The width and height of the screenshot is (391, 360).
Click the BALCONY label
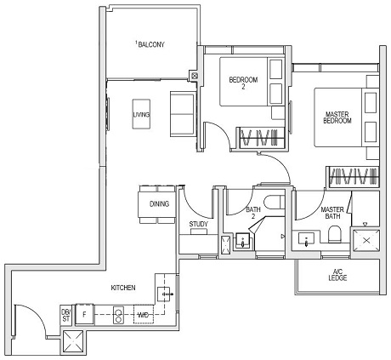151,44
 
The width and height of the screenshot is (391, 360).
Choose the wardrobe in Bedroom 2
258,135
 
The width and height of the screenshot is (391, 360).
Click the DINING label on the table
159,204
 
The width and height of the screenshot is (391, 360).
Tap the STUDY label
199,225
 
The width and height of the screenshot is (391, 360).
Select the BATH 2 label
254,213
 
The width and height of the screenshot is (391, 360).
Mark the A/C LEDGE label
338,277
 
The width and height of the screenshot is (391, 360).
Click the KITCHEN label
123,289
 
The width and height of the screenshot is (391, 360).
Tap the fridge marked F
84,314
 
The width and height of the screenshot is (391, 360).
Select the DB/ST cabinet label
65,314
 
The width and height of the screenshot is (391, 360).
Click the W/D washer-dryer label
144,314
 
